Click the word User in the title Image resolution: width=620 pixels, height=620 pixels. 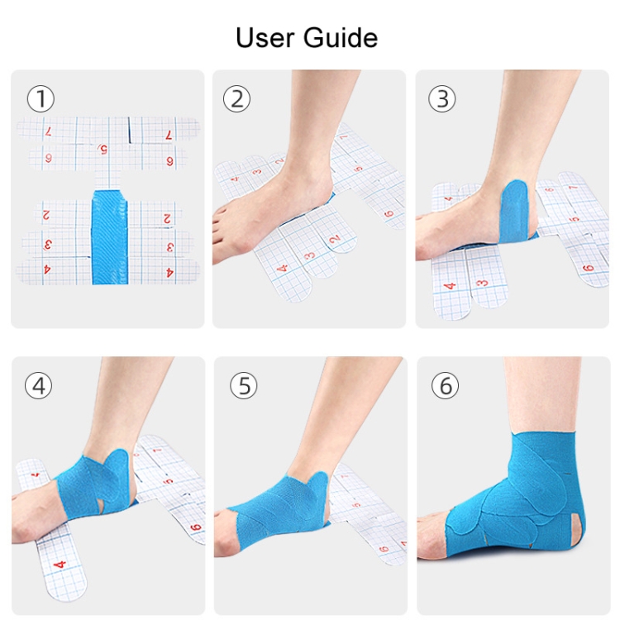click(265, 38)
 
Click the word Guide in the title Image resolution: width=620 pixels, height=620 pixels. click(341, 38)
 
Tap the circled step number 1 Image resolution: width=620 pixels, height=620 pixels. click(41, 99)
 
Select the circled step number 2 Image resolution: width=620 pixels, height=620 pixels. click(237, 99)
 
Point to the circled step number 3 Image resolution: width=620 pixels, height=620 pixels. click(442, 99)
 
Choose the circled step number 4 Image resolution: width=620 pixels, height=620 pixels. click(38, 386)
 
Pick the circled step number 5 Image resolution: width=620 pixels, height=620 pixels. click(244, 386)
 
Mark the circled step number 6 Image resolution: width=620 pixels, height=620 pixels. click(446, 386)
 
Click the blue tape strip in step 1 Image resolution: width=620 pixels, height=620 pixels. click(110, 237)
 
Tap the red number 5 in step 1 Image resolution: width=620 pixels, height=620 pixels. click(103, 149)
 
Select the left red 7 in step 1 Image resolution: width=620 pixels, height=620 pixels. click(48, 131)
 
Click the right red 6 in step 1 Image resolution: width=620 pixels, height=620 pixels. click(170, 161)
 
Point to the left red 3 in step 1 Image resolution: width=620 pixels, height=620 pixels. click(46, 246)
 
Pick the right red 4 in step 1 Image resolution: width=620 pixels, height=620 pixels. click(170, 273)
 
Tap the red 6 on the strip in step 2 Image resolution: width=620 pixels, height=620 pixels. click(389, 214)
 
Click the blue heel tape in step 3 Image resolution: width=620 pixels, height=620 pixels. click(516, 212)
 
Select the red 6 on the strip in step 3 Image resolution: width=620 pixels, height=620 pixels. click(589, 269)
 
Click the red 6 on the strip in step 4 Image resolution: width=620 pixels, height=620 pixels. click(196, 527)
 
